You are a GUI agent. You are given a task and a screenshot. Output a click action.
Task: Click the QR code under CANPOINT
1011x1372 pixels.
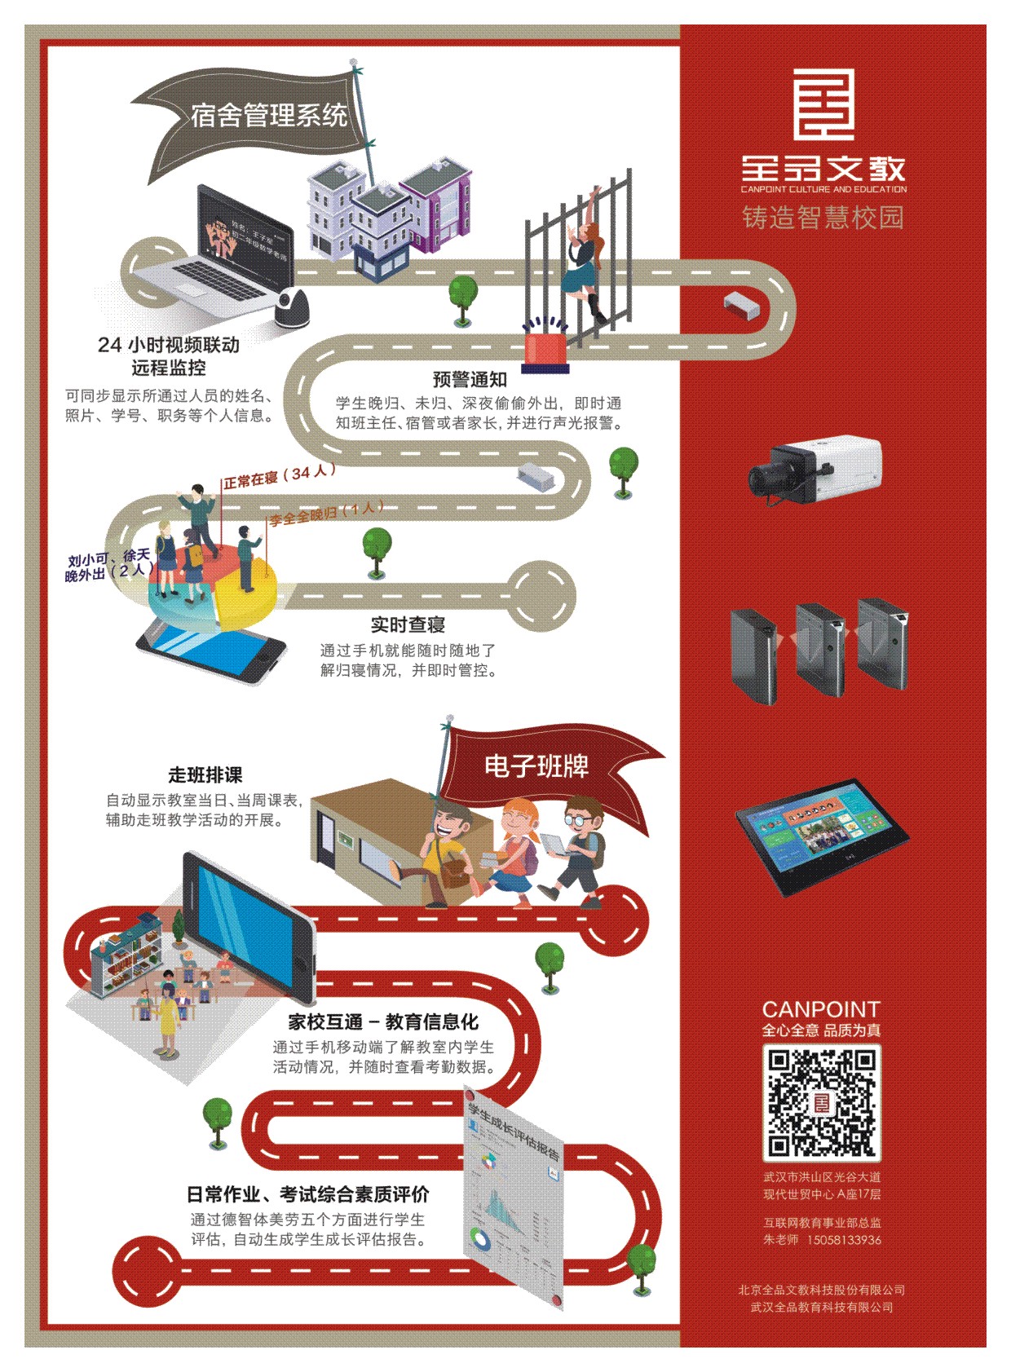click(822, 1102)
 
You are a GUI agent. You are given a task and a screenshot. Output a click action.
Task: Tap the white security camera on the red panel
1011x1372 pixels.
click(815, 467)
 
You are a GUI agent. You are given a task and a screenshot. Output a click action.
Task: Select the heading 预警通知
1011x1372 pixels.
click(470, 379)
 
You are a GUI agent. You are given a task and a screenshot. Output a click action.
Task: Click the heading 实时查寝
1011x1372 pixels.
click(408, 624)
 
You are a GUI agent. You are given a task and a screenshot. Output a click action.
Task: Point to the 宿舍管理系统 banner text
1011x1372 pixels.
click(269, 115)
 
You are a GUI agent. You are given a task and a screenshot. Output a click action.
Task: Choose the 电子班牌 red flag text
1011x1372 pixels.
click(536, 766)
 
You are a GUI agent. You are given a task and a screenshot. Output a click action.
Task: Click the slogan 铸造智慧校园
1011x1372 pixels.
click(823, 218)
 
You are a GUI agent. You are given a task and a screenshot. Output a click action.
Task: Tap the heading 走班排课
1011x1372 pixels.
click(205, 774)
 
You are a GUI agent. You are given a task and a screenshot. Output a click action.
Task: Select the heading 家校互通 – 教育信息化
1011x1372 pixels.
click(383, 1021)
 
